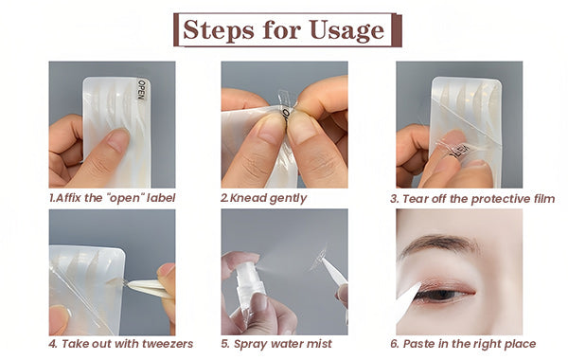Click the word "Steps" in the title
[218, 29]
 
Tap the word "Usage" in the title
[346, 30]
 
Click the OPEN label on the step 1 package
[142, 91]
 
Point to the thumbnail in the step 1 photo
[118, 138]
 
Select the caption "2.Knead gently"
[264, 198]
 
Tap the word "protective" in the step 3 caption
[501, 199]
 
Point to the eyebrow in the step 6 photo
[438, 243]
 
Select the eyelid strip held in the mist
[319, 258]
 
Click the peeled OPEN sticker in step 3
[457, 151]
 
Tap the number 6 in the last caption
[394, 344]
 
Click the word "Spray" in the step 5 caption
[249, 345]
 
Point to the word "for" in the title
[282, 29]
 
